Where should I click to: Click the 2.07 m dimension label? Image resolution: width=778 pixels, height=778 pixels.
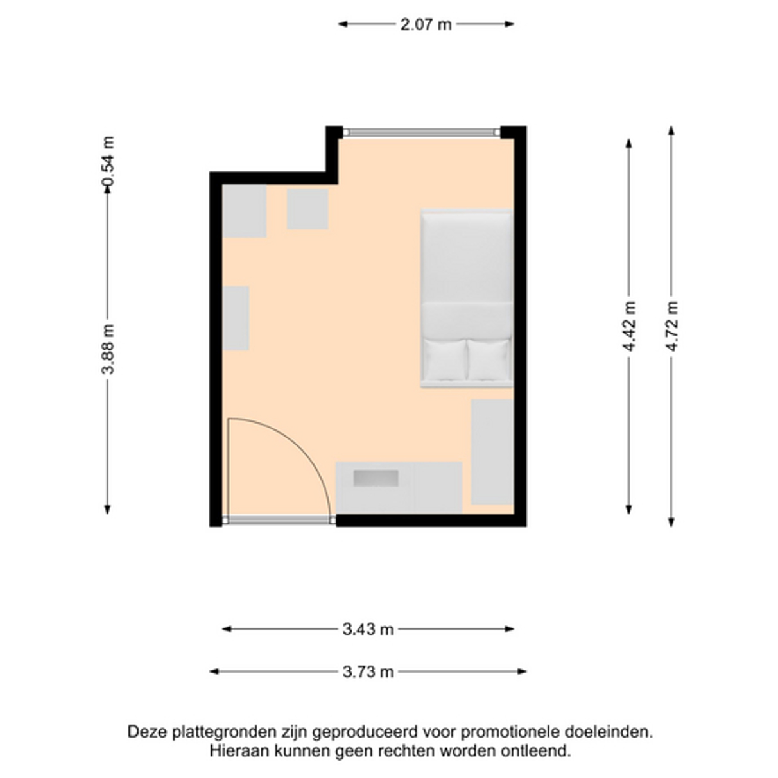(x=426, y=24)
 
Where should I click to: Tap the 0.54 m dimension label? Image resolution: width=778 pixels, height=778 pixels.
(x=108, y=160)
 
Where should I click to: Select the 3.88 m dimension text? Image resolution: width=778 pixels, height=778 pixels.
(x=108, y=349)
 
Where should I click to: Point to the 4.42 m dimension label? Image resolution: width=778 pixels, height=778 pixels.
(x=629, y=326)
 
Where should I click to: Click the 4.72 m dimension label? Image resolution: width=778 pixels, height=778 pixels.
(x=672, y=326)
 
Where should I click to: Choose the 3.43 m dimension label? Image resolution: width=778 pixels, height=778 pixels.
(x=368, y=629)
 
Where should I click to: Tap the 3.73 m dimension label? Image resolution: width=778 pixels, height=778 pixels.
(x=368, y=672)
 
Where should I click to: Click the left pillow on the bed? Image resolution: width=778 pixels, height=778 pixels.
(x=444, y=359)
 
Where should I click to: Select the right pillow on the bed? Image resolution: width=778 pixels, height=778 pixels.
(x=488, y=359)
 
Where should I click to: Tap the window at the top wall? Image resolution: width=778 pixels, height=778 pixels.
(x=422, y=132)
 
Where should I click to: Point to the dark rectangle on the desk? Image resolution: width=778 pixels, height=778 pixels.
(x=376, y=478)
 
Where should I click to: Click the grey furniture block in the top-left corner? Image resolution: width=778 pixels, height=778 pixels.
(x=245, y=211)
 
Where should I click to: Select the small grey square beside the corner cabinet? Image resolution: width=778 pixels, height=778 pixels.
(x=307, y=209)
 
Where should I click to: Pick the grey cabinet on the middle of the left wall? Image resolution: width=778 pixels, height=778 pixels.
(x=236, y=318)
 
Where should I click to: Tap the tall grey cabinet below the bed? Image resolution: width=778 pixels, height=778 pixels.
(x=492, y=452)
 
